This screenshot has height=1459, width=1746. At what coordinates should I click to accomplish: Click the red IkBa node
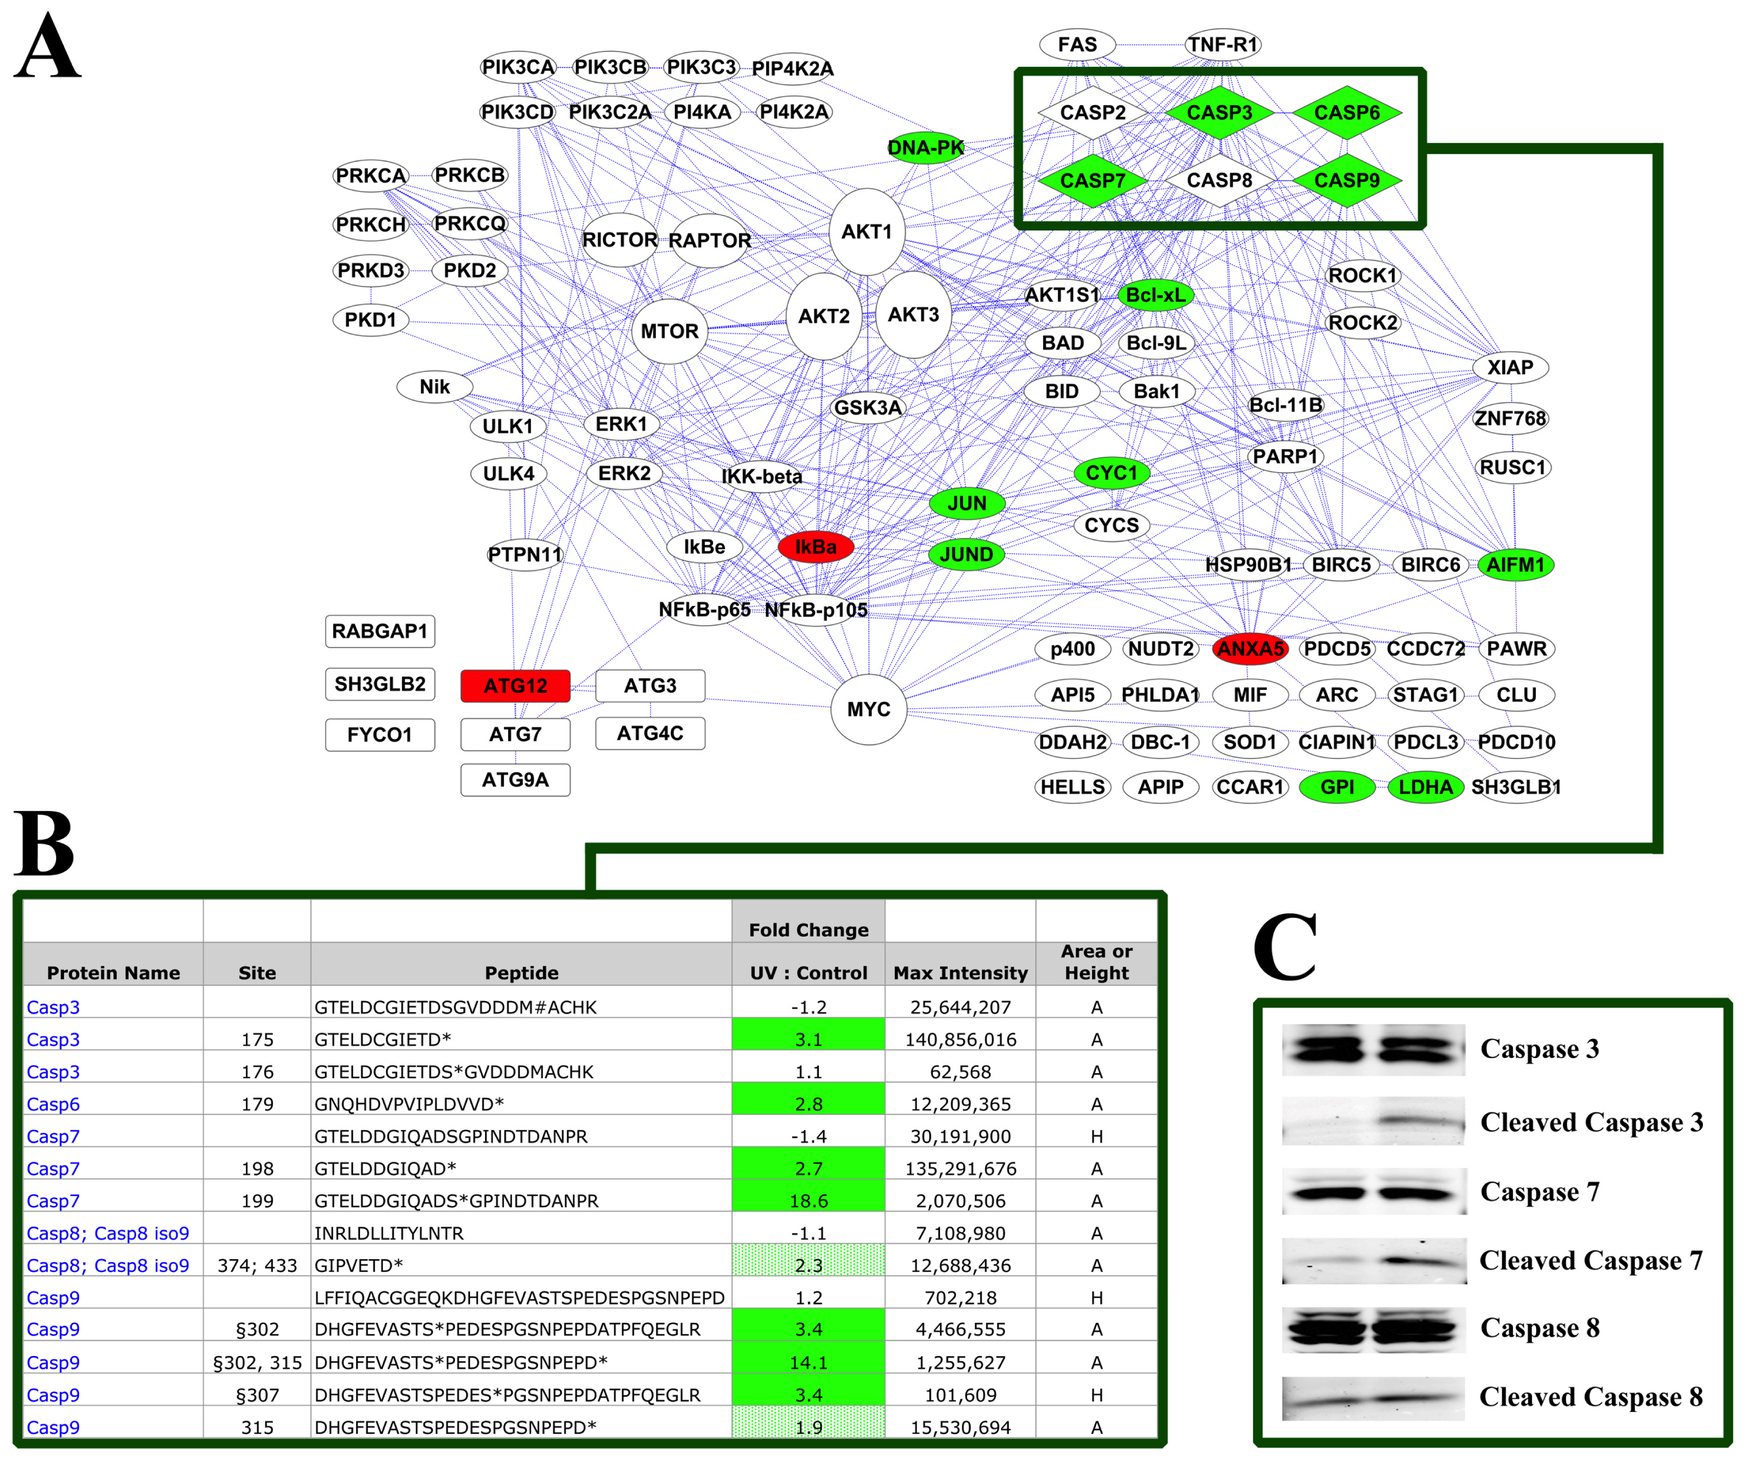[816, 547]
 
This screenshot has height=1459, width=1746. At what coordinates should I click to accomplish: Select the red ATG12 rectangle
[516, 686]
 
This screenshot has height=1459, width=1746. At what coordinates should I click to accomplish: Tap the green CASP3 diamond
[1219, 112]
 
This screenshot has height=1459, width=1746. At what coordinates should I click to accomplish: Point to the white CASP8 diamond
[1219, 181]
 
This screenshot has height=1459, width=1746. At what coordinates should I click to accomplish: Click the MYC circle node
[869, 709]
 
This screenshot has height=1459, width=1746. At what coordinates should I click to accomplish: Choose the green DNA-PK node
[925, 148]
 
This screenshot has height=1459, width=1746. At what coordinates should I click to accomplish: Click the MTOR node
[669, 331]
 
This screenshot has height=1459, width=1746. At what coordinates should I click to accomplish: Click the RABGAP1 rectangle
[380, 631]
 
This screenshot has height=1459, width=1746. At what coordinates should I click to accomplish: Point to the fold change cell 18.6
[808, 1200]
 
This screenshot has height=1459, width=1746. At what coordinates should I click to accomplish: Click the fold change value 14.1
[808, 1362]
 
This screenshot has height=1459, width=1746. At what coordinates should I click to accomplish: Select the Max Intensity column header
[960, 972]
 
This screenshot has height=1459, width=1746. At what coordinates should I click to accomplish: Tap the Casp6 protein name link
[53, 1104]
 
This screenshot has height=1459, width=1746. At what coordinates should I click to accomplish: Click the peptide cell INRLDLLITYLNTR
[389, 1233]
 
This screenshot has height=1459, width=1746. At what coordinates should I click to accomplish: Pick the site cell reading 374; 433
[257, 1265]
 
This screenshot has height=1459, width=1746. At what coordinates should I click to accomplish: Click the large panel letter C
[1285, 948]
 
